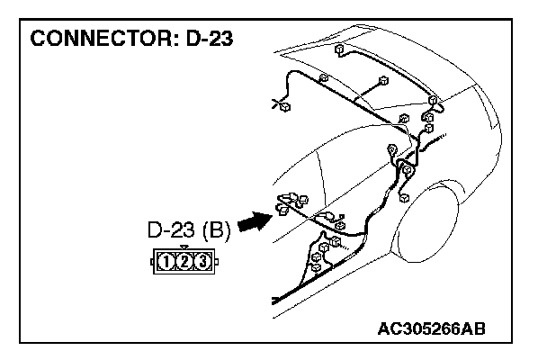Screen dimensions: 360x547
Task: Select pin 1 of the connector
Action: coord(166,263)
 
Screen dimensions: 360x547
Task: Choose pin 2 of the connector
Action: coord(184,263)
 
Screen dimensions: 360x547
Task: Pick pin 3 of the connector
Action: coord(202,263)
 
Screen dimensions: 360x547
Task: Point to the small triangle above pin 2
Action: coord(184,247)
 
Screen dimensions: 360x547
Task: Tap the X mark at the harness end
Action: coord(274,103)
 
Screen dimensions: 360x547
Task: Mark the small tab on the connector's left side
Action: coord(151,263)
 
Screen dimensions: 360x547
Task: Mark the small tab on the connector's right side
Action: coord(217,263)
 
